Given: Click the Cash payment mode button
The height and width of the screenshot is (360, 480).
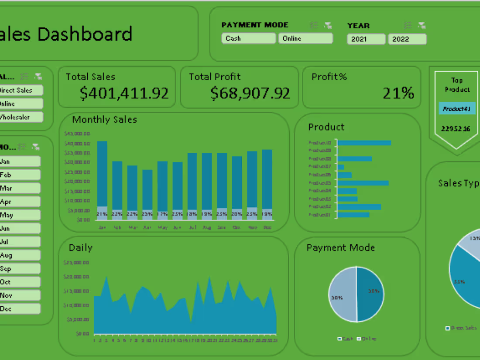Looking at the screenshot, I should coord(248,38).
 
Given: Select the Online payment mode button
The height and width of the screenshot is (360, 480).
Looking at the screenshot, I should coord(305,38).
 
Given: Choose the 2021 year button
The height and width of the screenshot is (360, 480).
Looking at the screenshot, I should coord(366,39).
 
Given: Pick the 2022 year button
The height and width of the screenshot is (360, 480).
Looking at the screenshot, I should coord(407,39).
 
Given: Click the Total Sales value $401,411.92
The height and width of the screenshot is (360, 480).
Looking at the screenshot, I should coord(124,93).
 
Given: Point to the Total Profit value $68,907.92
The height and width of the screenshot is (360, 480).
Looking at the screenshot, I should coord(250,93).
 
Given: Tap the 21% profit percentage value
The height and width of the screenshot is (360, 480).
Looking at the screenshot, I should coord(398,93).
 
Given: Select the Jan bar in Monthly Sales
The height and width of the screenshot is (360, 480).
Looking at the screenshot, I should coord(102,175).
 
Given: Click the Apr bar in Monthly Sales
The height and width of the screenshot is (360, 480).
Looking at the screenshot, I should coord(147,190).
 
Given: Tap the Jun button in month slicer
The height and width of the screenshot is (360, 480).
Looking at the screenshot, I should coord(20,228).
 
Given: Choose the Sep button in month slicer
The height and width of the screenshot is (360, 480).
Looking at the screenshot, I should coord(20,269).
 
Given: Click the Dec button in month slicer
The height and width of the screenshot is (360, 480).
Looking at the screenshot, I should coord(20,309).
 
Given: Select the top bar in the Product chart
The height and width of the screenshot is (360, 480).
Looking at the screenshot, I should coord(364,143).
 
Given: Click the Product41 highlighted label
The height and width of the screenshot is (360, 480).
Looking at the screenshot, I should coord(456,109).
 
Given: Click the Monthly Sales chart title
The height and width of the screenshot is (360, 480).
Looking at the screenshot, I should coord(105,120).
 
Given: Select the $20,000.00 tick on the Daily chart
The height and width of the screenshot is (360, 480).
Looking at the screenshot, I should coord(76,277).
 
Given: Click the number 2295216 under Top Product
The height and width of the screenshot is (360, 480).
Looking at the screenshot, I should coord(456,128).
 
